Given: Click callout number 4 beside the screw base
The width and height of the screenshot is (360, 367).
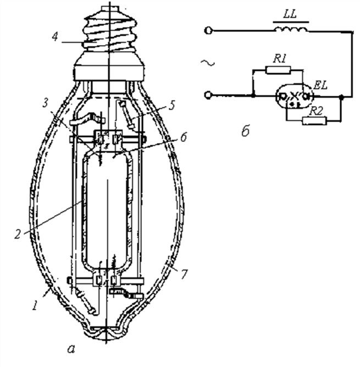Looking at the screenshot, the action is coord(55,36).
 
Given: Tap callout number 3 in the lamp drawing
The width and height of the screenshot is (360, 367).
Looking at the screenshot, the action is coord(46,103).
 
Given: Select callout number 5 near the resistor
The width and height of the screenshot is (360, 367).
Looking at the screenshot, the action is coord(172,106).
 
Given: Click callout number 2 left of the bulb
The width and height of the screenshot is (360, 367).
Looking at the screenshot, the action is coord(18,234).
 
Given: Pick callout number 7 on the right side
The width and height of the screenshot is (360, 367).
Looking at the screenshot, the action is coord(184,273).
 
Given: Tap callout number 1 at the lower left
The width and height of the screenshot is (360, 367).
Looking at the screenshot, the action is coord(35,305).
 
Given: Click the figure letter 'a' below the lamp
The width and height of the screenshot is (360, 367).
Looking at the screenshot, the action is coord(71,349).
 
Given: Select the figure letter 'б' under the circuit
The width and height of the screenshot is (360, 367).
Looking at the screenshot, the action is coord(246,132).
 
